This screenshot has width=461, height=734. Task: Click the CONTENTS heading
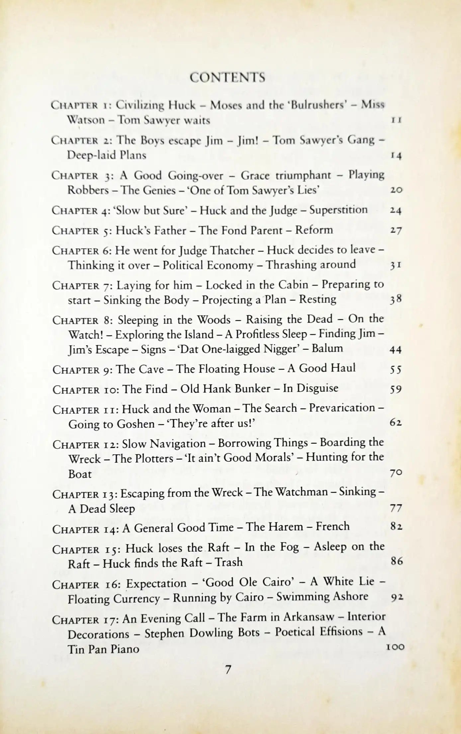228,77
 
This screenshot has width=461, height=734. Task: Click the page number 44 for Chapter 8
395,349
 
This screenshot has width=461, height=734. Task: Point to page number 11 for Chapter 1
396,120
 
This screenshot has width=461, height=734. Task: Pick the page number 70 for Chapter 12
396,473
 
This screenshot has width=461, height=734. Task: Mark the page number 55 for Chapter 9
395,369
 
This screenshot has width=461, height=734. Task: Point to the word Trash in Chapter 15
229,562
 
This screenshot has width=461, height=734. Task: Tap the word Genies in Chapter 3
159,190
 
